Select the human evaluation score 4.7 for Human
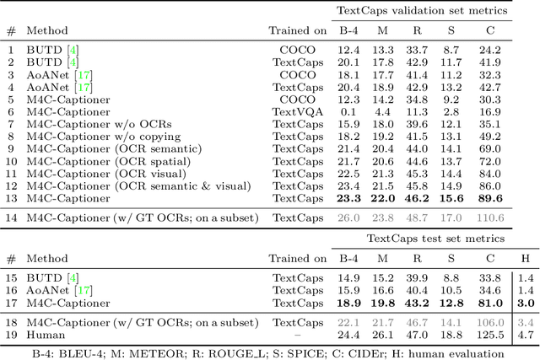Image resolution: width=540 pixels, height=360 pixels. coord(525,335)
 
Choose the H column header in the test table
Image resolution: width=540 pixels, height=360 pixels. coord(525,259)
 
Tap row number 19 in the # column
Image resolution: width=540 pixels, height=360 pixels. coord(10,335)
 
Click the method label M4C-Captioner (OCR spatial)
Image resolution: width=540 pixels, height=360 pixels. coord(108,161)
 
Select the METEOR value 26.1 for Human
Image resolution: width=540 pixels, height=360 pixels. coord(382,335)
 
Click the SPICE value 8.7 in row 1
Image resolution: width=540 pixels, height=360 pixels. coord(451,50)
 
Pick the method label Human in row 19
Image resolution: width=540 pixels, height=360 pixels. coord(43,335)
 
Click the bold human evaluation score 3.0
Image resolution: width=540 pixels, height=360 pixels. coord(525,304)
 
